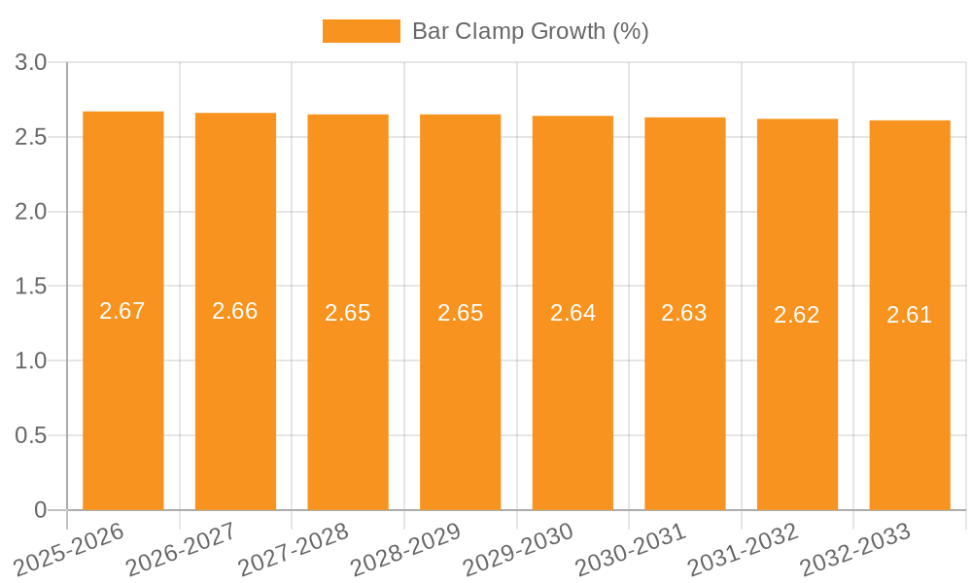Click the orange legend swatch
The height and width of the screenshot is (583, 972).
pyautogui.click(x=361, y=31)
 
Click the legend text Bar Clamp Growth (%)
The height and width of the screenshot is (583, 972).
pyautogui.click(x=530, y=31)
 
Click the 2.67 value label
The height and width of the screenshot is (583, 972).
pyautogui.click(x=122, y=311)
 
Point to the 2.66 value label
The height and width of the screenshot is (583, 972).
pyautogui.click(x=235, y=311)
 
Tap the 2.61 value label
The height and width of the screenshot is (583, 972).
pyautogui.click(x=910, y=315)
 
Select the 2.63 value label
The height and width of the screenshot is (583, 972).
pyautogui.click(x=684, y=313)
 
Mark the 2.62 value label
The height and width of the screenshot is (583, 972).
pyautogui.click(x=797, y=315)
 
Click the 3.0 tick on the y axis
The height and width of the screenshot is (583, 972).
pyautogui.click(x=31, y=63)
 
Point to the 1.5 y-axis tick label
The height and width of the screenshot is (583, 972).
pyautogui.click(x=31, y=287)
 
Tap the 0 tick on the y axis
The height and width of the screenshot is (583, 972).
pyautogui.click(x=40, y=510)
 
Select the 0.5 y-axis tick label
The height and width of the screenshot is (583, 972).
pyautogui.click(x=31, y=436)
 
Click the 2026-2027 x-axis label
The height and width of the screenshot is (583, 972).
pyautogui.click(x=182, y=550)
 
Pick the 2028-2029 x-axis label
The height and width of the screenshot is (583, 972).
pyautogui.click(x=406, y=550)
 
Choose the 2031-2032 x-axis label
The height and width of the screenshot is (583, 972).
pyautogui.click(x=744, y=550)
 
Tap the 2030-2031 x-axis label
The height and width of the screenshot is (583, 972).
pyautogui.click(x=631, y=550)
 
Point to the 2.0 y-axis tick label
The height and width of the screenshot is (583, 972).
pyautogui.click(x=31, y=212)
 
